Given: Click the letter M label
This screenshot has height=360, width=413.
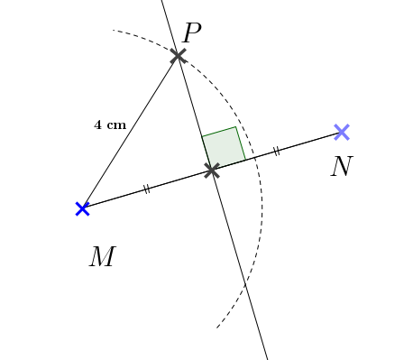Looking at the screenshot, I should pyautogui.click(x=102, y=257).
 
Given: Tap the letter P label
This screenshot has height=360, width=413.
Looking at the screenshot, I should pyautogui.click(x=191, y=33).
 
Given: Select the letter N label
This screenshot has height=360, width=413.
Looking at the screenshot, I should pyautogui.click(x=340, y=167).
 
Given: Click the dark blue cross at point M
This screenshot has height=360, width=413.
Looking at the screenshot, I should pyautogui.click(x=82, y=208).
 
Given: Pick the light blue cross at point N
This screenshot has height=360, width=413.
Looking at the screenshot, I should pyautogui.click(x=341, y=133).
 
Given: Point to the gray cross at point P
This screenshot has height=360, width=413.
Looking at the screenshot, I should pyautogui.click(x=178, y=55).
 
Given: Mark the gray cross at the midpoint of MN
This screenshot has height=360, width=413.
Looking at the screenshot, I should pyautogui.click(x=212, y=170).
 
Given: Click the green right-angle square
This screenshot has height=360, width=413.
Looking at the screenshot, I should pyautogui.click(x=224, y=148).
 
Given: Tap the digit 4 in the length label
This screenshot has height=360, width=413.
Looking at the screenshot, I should pyautogui.click(x=97, y=125).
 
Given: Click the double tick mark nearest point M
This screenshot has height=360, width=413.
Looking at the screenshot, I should pyautogui.click(x=146, y=189).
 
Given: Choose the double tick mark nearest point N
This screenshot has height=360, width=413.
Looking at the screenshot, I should pyautogui.click(x=276, y=152).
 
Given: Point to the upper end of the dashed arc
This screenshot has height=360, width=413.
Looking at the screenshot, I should pyautogui.click(x=114, y=31).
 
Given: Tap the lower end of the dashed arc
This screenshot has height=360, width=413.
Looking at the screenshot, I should pyautogui.click(x=217, y=327).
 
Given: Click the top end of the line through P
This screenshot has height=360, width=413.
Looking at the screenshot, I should pyautogui.click(x=162, y=1).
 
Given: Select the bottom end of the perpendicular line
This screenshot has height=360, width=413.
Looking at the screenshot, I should pyautogui.click(x=268, y=359).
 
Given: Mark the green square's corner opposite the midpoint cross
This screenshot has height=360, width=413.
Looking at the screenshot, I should pyautogui.click(x=236, y=127).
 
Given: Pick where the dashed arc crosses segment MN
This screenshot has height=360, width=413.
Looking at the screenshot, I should pyautogui.click(x=254, y=158).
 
